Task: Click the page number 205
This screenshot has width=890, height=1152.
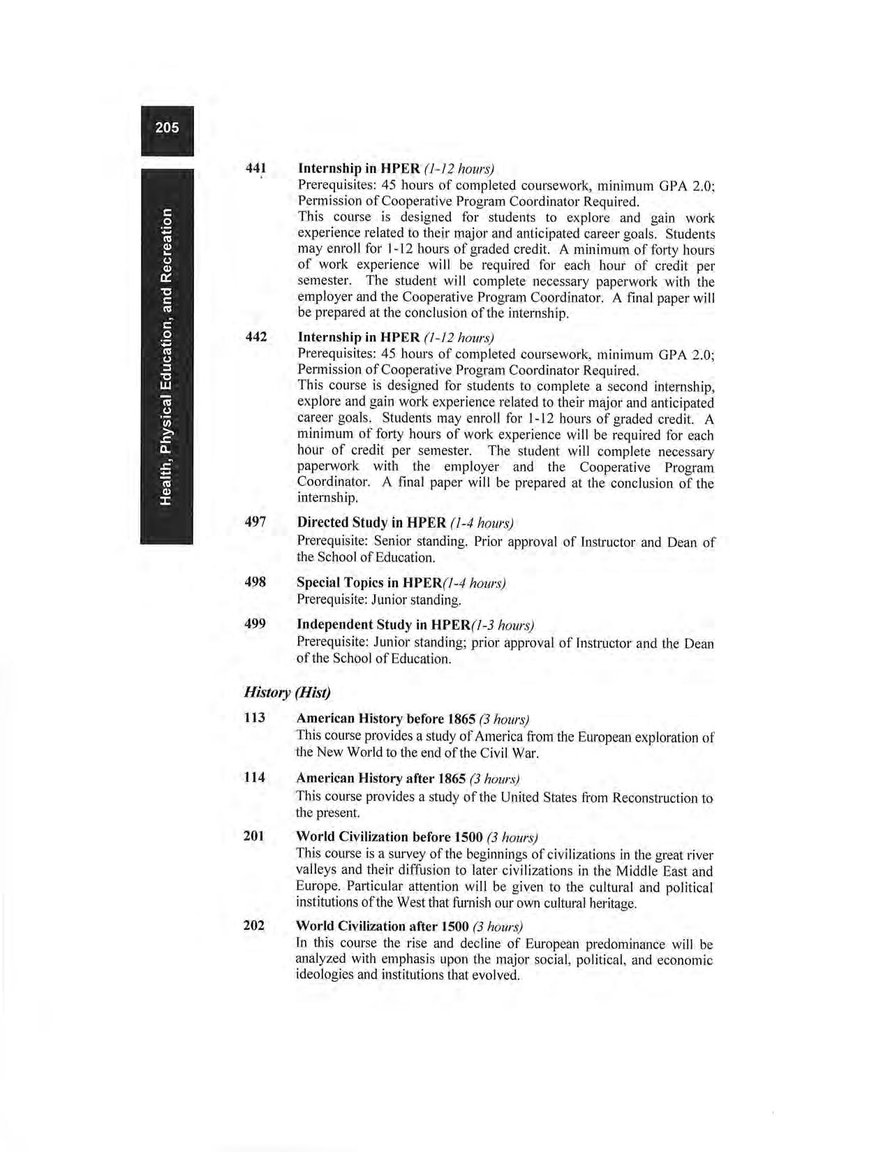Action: click(167, 127)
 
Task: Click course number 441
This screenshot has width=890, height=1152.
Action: click(256, 168)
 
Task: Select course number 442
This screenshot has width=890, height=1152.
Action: click(256, 337)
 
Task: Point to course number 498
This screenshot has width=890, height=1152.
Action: click(255, 582)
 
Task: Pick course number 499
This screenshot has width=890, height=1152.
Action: click(255, 623)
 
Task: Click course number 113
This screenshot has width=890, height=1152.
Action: click(255, 718)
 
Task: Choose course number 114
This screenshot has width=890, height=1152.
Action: click(255, 777)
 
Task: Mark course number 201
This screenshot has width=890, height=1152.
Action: click(254, 836)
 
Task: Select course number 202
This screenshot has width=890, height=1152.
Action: click(254, 926)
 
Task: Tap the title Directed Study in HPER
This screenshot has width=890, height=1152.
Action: click(371, 522)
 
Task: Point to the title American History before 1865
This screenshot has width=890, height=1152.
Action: click(386, 718)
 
